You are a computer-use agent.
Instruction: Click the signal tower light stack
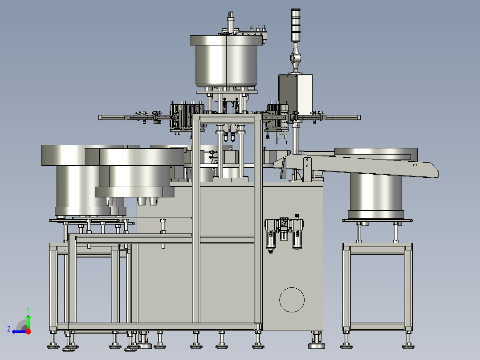(295, 25)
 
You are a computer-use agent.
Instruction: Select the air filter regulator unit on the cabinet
(284, 233)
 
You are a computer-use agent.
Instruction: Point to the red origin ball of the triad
(28, 331)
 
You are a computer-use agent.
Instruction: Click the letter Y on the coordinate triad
(28, 310)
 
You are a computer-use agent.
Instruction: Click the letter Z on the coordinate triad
(9, 329)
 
